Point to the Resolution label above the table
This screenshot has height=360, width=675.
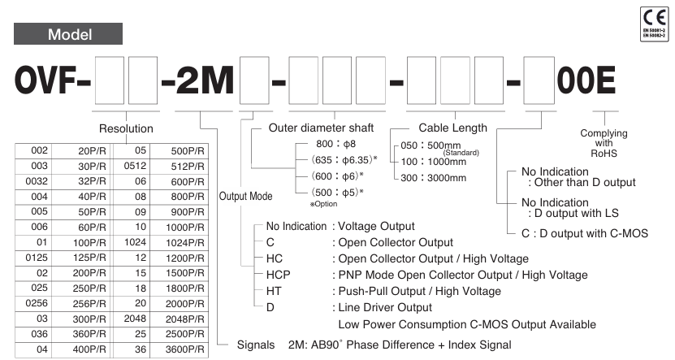click(126, 128)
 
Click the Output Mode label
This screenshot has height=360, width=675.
click(246, 197)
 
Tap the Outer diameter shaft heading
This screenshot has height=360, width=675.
click(322, 128)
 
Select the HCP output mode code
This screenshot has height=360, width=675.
click(278, 275)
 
